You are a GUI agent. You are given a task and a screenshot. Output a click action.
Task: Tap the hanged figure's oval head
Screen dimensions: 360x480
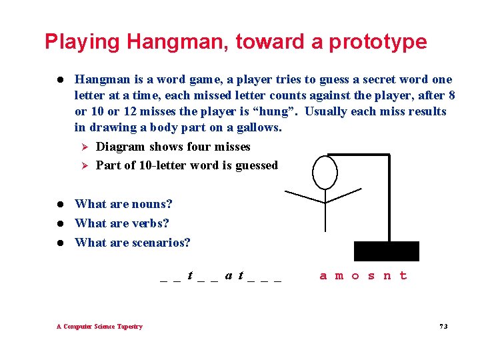coord(325,172)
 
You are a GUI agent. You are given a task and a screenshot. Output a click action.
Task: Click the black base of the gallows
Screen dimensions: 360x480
coord(387,251)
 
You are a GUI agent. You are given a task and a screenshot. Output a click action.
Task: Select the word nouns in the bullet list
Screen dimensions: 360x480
coord(151,204)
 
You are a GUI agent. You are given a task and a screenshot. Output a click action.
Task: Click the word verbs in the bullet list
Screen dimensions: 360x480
coord(150,223)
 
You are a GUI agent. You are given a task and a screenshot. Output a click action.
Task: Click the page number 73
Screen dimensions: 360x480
coord(443,327)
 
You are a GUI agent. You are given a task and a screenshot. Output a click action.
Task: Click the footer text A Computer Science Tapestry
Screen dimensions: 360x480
coord(99,327)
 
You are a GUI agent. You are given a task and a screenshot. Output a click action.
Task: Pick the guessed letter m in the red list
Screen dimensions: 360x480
coord(339,276)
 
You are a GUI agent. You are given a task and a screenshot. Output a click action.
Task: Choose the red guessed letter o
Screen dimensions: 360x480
coord(355,276)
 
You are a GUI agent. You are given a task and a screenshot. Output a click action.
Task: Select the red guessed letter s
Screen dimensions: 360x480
coord(371,276)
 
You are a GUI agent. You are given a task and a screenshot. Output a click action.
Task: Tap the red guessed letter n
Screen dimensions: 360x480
coord(387,276)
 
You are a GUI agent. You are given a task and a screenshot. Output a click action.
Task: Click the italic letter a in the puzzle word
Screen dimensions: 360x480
coord(229,275)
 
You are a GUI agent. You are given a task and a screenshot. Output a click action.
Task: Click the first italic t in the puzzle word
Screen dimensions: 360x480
coord(191,275)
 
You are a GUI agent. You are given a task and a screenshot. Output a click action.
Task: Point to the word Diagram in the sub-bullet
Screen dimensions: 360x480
coord(121,147)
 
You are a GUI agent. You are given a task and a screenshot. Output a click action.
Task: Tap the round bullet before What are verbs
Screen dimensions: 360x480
coord(59,223)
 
